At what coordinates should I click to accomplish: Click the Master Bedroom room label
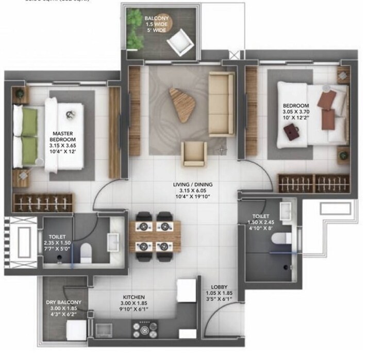pyautogui.click(x=62, y=135)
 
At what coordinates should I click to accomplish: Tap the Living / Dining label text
pyautogui.click(x=193, y=184)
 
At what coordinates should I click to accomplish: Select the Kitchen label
pyautogui.click(x=133, y=298)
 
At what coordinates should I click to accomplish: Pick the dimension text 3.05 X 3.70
pyautogui.click(x=296, y=111)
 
